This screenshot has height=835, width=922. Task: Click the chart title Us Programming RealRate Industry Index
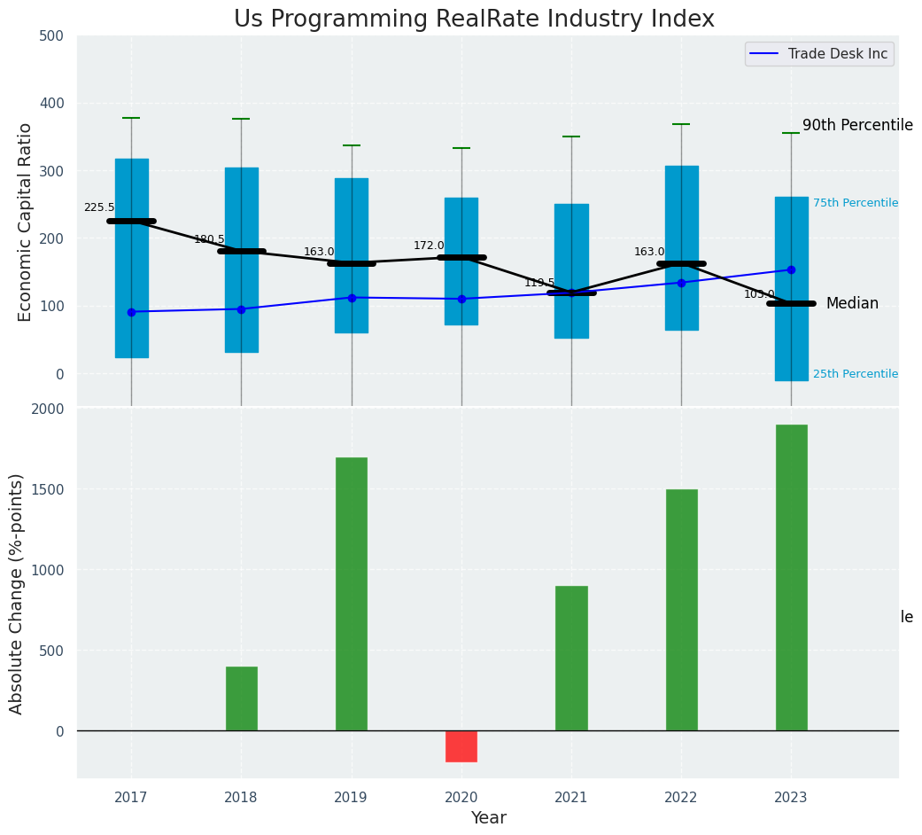click(474, 20)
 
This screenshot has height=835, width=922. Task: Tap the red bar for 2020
click(461, 746)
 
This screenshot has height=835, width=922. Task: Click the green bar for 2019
click(352, 594)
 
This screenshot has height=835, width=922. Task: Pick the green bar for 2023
click(791, 577)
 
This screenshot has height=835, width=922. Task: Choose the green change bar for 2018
click(241, 698)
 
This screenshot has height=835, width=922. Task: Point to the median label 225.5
click(99, 207)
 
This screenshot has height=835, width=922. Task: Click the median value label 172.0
click(429, 246)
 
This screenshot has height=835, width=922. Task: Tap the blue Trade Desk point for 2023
click(791, 269)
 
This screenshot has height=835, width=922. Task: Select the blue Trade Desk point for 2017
click(131, 312)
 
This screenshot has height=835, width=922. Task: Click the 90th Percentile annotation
click(857, 126)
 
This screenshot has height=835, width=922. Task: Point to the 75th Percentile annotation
click(856, 203)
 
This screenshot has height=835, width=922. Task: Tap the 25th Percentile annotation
click(856, 374)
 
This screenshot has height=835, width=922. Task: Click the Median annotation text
click(852, 304)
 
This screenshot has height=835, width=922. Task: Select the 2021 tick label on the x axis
click(571, 798)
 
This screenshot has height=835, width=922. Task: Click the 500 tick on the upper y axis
click(51, 35)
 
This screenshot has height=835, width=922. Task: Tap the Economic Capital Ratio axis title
click(26, 222)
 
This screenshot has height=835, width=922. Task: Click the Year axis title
click(488, 818)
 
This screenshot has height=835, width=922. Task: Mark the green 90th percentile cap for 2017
click(131, 118)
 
